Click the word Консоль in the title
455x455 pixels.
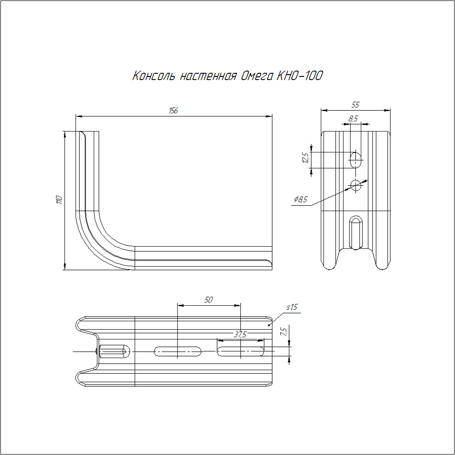tap(154, 76)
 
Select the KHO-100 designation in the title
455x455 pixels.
tap(299, 76)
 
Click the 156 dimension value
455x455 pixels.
tap(173, 111)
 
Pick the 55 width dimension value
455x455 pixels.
tap(355, 105)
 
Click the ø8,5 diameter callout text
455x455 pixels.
tap(301, 199)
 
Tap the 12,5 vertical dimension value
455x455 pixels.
tap(305, 158)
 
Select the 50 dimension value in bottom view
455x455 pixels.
tap(208, 300)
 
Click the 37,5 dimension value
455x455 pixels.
tap(240, 334)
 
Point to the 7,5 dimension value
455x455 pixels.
tap(283, 332)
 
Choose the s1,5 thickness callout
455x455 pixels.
tap(292, 308)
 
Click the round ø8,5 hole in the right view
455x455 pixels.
tap(356, 185)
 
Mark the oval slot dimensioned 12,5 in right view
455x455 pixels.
tap(356, 159)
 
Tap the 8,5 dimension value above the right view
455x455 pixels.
tap(353, 119)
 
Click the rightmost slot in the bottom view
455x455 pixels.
tap(241, 351)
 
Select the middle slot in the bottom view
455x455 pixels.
tap(178, 351)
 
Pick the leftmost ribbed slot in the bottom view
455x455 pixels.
tap(114, 351)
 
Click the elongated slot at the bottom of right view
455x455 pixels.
tap(355, 232)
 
